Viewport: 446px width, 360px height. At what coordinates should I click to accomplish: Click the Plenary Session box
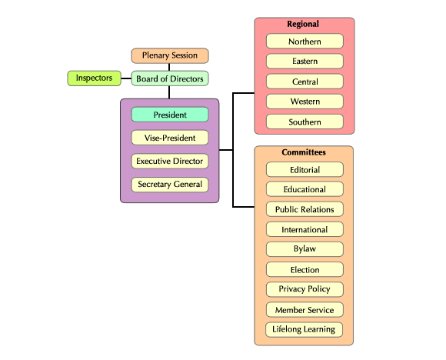(x=170, y=55)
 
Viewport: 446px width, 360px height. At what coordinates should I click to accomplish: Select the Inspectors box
(x=94, y=78)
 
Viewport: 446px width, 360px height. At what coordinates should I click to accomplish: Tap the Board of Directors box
(x=170, y=78)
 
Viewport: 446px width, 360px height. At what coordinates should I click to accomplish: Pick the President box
(x=170, y=115)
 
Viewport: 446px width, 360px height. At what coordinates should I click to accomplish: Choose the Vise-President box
(x=170, y=138)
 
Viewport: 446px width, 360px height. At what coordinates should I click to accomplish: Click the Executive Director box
(x=170, y=161)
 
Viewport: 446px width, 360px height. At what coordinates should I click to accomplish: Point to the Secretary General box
(x=170, y=185)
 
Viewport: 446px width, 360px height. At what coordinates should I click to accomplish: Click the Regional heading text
(x=303, y=24)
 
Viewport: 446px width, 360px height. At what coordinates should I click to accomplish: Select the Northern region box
(x=305, y=42)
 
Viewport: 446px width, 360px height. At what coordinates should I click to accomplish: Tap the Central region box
(x=305, y=82)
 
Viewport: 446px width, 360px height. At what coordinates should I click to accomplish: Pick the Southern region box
(x=305, y=122)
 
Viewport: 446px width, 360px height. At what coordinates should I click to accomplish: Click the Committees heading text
(x=304, y=152)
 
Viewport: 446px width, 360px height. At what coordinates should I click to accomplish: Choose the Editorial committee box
(x=305, y=169)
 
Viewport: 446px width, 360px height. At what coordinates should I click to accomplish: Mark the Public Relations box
(x=305, y=209)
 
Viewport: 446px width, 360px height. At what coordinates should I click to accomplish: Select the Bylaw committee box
(x=305, y=249)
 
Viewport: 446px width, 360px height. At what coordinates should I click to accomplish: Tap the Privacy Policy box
(x=305, y=289)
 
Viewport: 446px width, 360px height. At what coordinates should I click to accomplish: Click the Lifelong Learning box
(x=304, y=329)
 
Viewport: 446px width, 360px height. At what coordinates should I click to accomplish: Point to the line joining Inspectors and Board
(x=126, y=78)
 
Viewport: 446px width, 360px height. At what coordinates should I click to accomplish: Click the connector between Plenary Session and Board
(x=169, y=67)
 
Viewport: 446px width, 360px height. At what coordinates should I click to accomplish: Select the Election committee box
(x=305, y=269)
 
